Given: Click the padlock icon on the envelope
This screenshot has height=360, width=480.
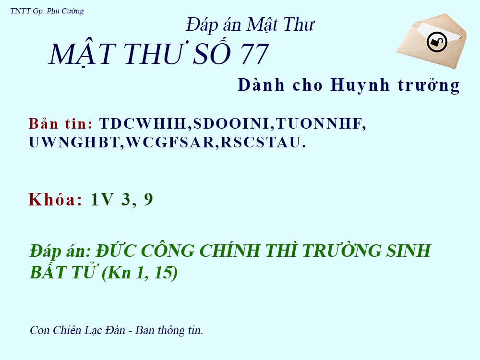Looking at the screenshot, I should pos(437,42).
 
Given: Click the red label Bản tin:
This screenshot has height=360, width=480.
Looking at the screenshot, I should pos(60,123).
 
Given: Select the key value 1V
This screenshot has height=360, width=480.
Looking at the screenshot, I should pos(102,199).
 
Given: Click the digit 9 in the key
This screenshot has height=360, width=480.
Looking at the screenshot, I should pos(148,199).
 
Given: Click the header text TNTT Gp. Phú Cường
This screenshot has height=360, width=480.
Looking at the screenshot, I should pos(47,11).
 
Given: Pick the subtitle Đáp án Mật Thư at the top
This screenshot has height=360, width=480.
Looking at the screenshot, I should pos(250,24).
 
